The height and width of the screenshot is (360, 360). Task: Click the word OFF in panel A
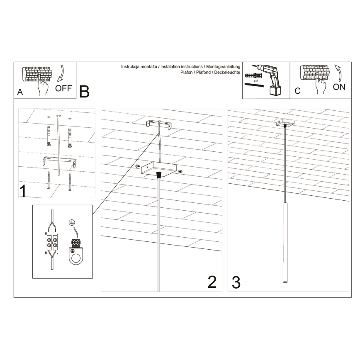[63, 88]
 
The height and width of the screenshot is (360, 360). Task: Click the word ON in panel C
[338, 87]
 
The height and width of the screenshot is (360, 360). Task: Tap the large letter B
[84, 91]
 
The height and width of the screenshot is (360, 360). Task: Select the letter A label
[20, 92]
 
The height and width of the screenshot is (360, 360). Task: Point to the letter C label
[297, 91]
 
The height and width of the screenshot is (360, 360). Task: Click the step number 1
[24, 191]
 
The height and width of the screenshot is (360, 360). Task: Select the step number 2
[212, 282]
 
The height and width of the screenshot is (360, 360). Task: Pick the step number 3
[236, 282]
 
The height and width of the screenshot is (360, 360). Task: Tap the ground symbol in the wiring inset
[72, 223]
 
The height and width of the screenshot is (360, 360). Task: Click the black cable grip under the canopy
[158, 175]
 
